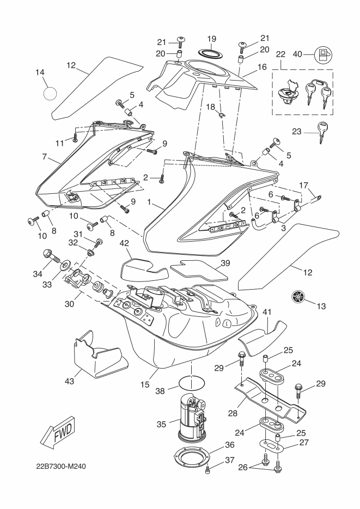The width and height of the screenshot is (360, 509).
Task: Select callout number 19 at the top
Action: [x=212, y=39]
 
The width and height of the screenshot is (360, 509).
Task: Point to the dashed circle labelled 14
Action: [x=50, y=93]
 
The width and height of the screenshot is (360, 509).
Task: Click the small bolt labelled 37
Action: [x=208, y=470]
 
